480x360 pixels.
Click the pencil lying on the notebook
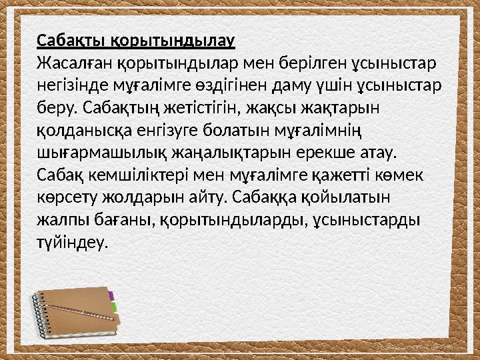pyautogui.click(x=80, y=311)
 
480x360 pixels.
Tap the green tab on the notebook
pyautogui.click(x=113, y=307)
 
